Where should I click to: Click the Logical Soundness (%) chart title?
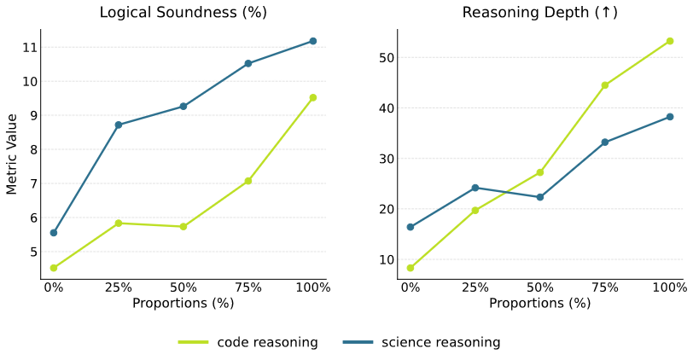point(183,12)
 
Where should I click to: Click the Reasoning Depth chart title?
point(539,12)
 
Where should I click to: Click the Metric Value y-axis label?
point(12,154)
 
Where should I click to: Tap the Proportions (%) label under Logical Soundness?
point(183,303)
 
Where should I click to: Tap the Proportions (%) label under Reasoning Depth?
point(539,303)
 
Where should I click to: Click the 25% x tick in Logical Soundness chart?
point(119,287)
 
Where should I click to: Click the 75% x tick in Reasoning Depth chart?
point(605,287)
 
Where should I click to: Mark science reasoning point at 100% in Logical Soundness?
point(313,41)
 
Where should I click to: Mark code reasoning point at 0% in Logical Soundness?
point(54,268)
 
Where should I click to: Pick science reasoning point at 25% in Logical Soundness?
point(119,125)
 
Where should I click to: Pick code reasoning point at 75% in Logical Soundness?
point(248,181)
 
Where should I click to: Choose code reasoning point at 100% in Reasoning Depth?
point(670,41)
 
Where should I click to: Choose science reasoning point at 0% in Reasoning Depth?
point(411,227)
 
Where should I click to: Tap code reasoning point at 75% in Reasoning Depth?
point(605,85)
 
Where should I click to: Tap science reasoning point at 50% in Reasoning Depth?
point(540,197)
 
